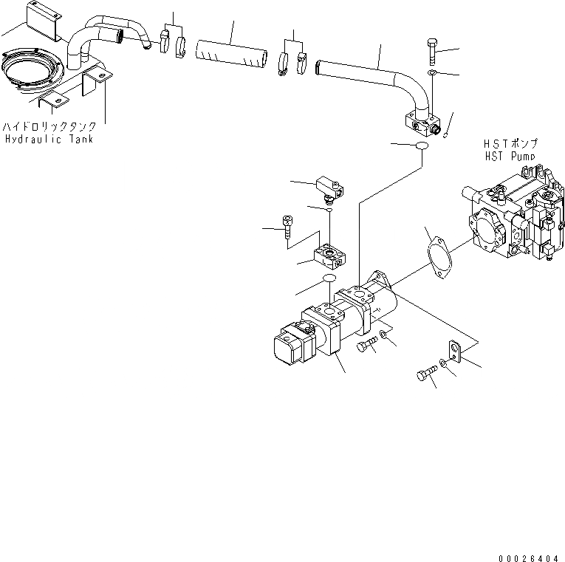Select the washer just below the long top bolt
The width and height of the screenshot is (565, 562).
(x=433, y=73)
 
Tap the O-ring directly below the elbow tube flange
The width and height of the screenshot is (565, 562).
(x=422, y=147)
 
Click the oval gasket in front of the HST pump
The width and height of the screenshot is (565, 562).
(x=440, y=256)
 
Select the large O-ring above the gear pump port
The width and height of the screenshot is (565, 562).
(x=329, y=279)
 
